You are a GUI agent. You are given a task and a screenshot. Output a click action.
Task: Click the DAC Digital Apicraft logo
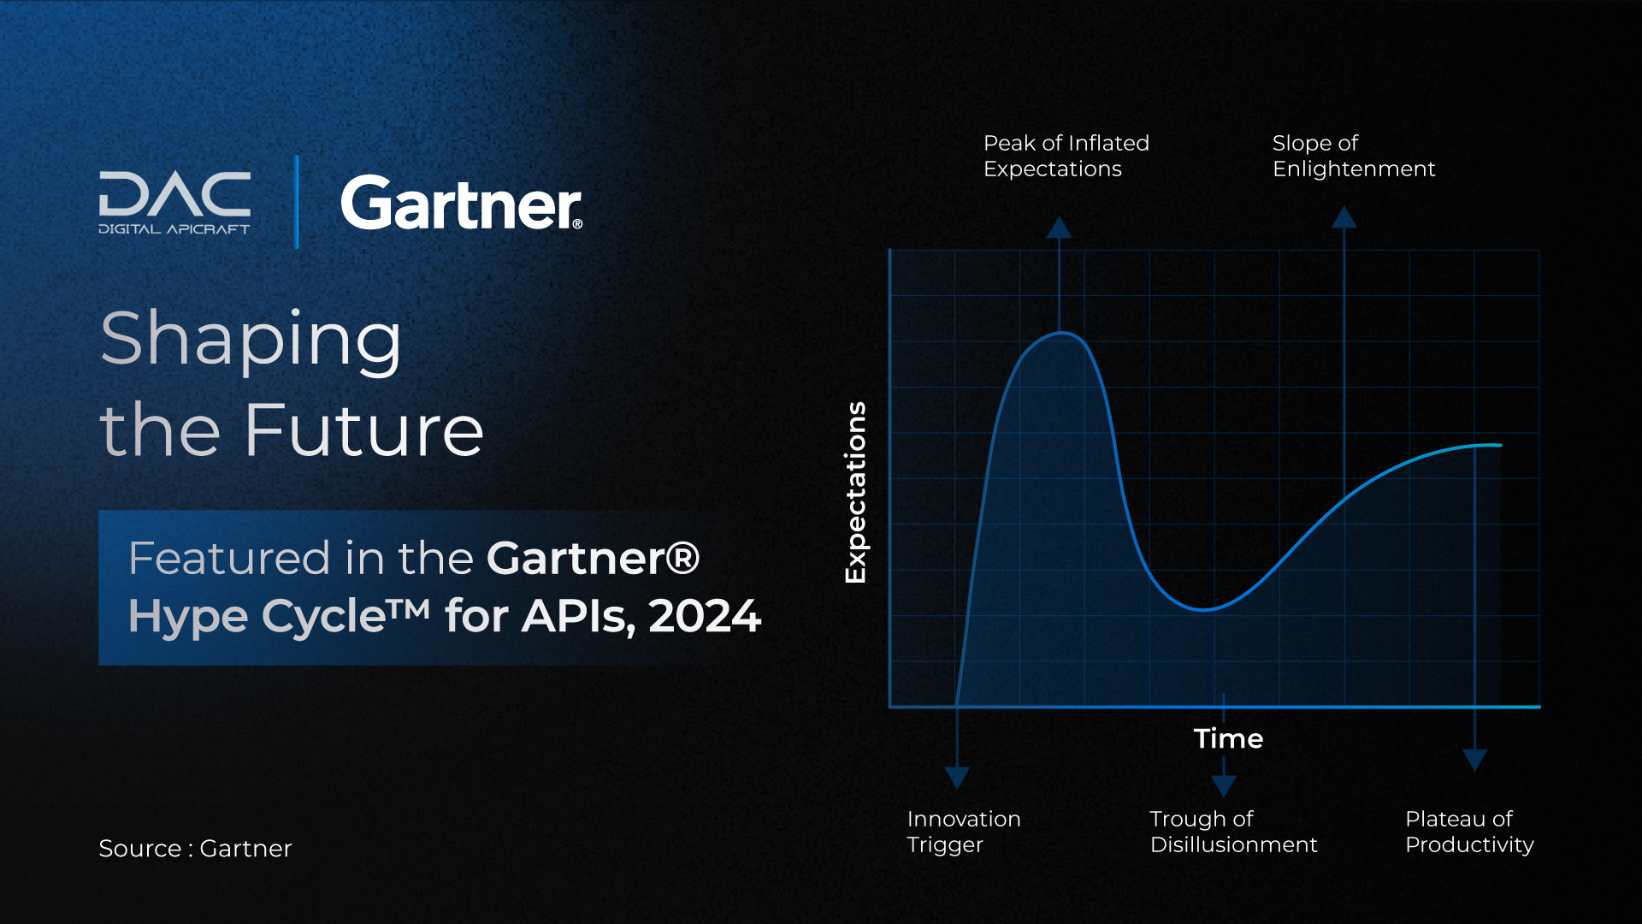174,202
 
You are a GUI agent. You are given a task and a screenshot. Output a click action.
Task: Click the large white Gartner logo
461,204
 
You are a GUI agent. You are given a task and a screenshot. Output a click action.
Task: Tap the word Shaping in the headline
251,340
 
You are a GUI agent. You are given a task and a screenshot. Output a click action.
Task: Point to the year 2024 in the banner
705,616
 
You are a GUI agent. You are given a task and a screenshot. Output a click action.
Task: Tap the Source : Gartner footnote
195,848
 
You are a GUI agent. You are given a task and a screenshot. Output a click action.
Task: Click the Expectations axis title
855,492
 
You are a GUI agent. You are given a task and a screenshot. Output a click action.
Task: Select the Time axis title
1228,738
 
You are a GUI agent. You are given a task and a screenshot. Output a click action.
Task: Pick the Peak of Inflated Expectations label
1066,156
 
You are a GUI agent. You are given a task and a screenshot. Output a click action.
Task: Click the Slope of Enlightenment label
1353,156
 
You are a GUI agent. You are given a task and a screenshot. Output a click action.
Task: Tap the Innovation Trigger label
963,832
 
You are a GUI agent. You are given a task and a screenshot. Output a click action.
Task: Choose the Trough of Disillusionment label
1233,832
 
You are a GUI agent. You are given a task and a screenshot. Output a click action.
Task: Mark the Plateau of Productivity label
1468,832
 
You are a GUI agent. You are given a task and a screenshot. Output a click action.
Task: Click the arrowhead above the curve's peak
1060,228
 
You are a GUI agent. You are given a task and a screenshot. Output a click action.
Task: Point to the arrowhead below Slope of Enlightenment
1344,217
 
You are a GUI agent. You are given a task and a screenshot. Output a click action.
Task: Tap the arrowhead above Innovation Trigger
957,777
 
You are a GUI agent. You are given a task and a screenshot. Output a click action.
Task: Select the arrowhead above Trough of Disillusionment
1224,785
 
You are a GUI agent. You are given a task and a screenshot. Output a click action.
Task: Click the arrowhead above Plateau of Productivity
1475,759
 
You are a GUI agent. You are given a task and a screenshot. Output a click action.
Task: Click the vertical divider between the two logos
297,202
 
